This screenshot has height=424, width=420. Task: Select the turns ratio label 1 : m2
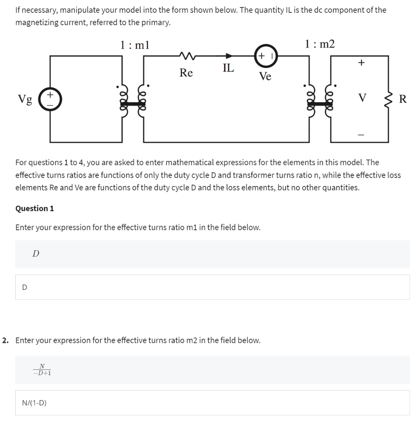tap(319, 44)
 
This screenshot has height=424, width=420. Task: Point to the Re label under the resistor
tap(186, 73)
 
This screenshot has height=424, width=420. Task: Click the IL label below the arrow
tap(228, 67)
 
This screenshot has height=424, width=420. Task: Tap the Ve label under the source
tap(265, 76)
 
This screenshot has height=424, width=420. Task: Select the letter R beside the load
tap(403, 99)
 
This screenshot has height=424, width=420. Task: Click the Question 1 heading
tap(35, 208)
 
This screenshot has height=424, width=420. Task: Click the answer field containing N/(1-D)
tap(212, 402)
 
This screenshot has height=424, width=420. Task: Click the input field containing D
tap(212, 287)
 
